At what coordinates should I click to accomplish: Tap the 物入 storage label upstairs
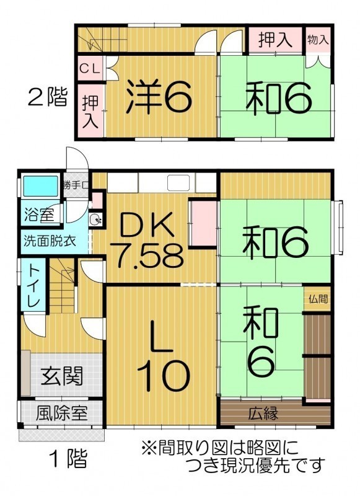coord(318,40)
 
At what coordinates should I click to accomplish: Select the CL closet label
coord(90,69)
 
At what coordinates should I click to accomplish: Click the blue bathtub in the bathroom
coord(40,187)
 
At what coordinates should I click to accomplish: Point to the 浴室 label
coord(38,215)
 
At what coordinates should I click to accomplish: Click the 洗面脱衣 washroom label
coord(50,241)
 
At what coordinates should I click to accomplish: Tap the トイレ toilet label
coord(33,285)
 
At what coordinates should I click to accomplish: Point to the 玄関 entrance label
coord(62,376)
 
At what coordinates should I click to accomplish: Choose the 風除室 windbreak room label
coord(61,413)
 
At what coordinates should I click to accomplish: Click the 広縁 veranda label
coord(263,413)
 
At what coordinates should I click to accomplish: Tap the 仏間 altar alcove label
coord(318,299)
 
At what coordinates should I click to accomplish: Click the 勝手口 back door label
coord(77,185)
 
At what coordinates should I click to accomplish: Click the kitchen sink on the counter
coord(178,183)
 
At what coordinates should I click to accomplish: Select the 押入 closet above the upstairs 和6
coord(274,40)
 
